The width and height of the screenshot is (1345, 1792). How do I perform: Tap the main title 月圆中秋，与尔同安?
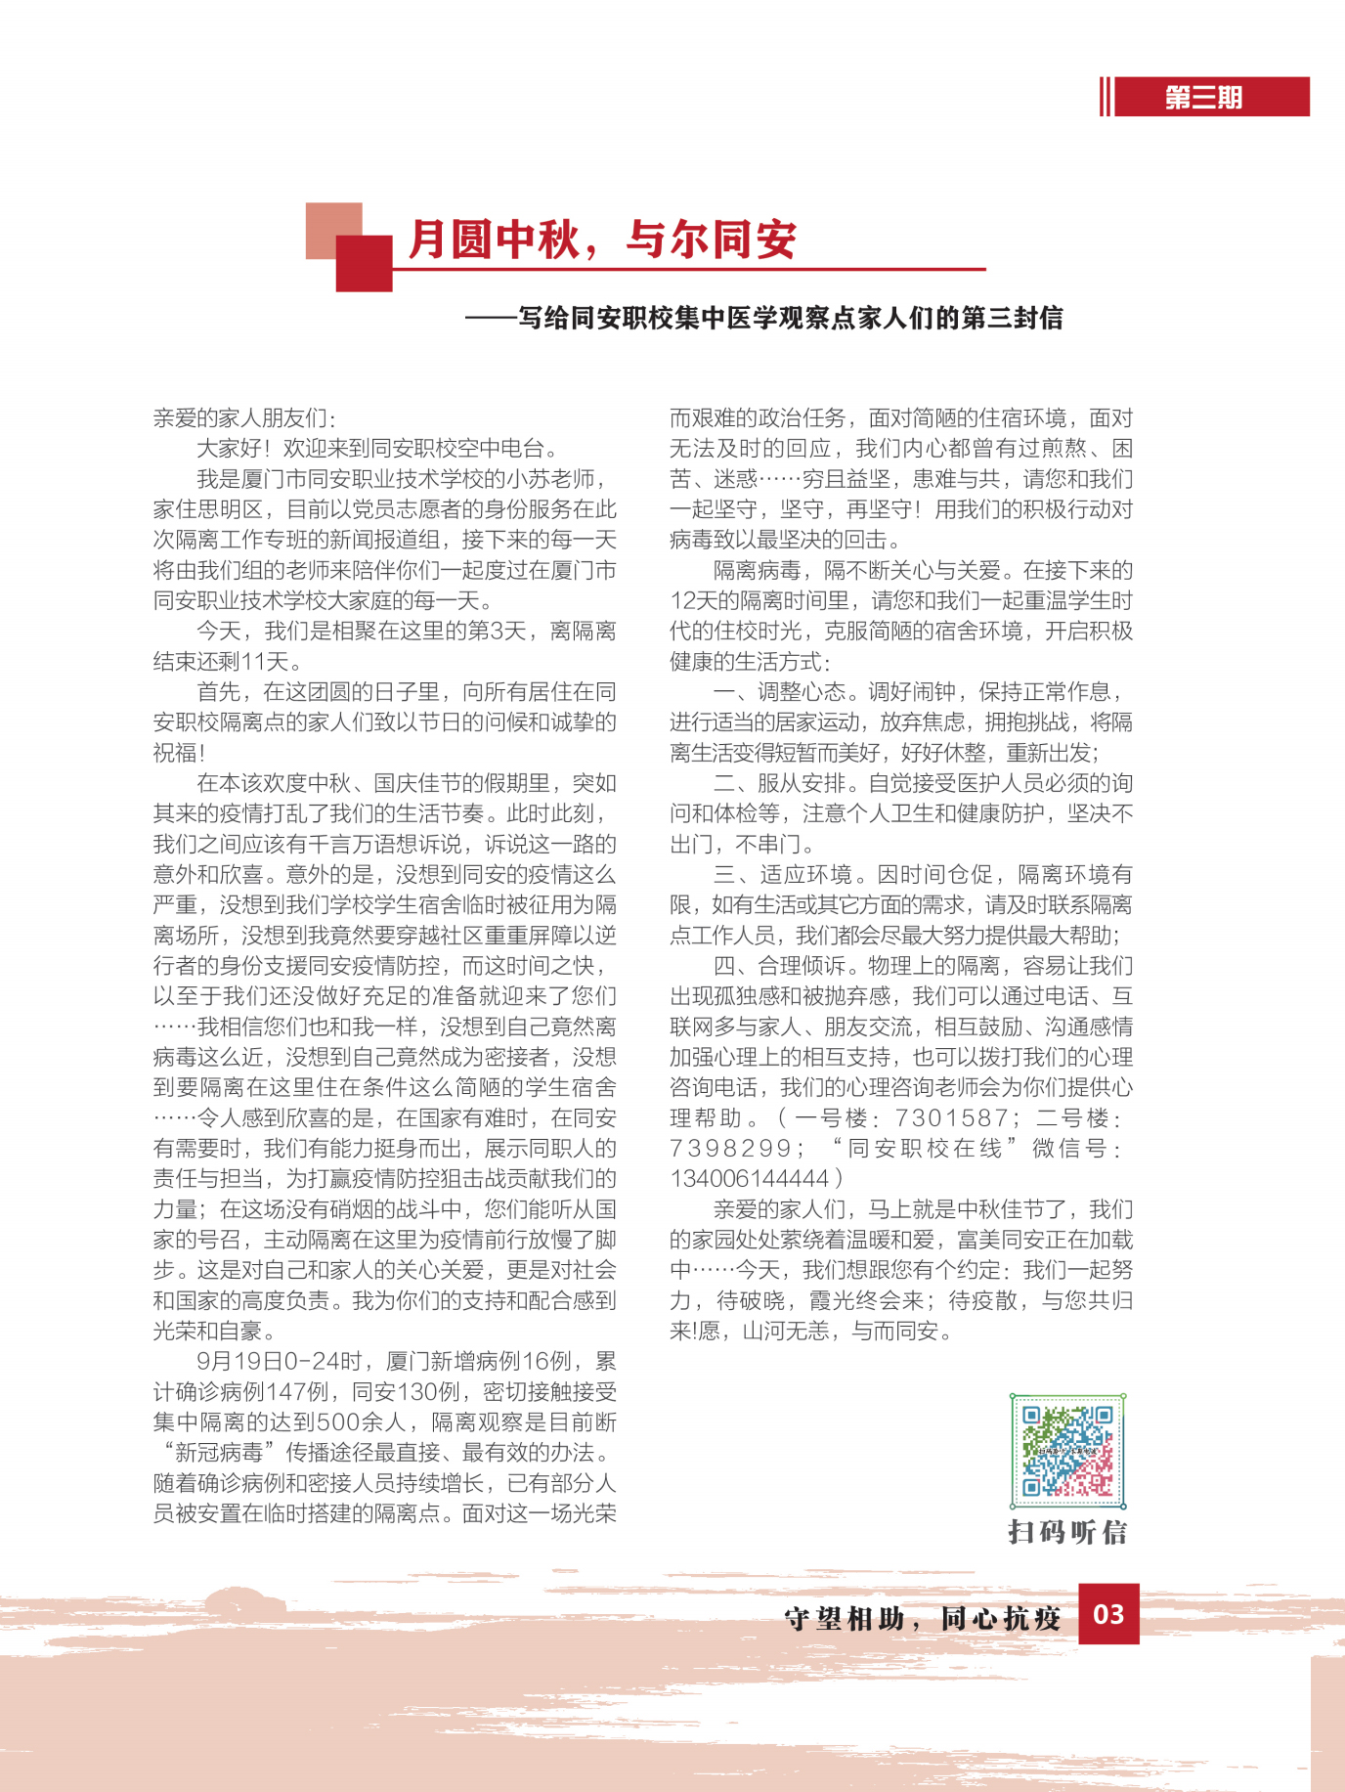click(x=601, y=240)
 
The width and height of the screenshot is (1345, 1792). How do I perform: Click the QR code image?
click(x=1067, y=1451)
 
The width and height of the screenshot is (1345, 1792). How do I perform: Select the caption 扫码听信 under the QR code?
click(x=1067, y=1532)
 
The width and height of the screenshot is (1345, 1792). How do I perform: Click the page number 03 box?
click(x=1108, y=1614)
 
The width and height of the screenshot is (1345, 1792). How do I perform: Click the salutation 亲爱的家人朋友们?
click(x=244, y=418)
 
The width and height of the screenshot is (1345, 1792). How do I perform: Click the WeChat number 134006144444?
click(x=749, y=1178)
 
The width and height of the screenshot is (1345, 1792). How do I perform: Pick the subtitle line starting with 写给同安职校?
click(x=790, y=318)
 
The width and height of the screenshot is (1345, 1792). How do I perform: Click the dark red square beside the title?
click(x=364, y=263)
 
